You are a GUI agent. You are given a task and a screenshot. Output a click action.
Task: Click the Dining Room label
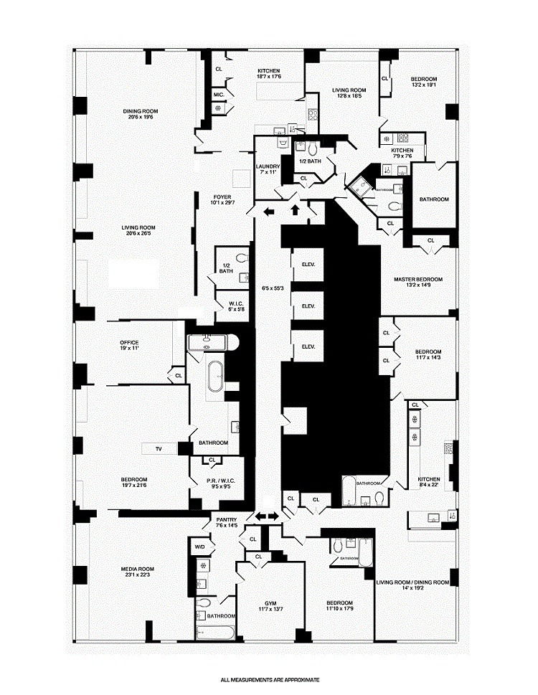tap(140, 111)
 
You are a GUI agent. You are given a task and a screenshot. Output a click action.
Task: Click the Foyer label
tap(222, 197)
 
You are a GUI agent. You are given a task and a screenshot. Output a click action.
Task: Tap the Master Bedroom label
tap(418, 279)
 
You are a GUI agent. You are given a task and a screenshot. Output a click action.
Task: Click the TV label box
tap(159, 449)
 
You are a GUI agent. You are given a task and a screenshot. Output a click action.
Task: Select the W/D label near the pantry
tap(199, 546)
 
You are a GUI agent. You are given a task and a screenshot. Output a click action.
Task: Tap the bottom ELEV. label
tap(308, 346)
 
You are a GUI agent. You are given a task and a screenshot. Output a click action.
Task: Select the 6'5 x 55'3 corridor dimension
tap(273, 288)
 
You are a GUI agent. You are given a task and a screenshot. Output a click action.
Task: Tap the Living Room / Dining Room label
tap(412, 582)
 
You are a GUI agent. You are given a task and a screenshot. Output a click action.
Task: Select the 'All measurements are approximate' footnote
tap(269, 679)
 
